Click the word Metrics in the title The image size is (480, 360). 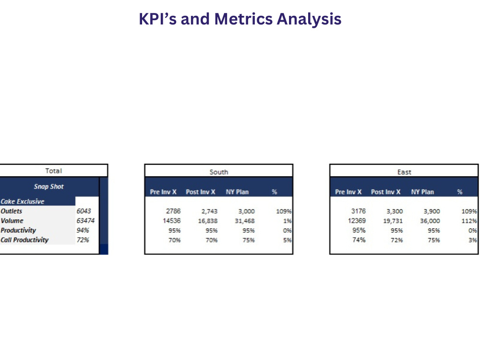click(243, 19)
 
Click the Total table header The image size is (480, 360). click(54, 171)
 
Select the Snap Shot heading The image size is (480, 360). click(48, 186)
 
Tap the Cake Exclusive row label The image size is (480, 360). click(23, 202)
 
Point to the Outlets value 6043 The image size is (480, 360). click(84, 211)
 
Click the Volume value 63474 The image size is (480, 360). click(85, 220)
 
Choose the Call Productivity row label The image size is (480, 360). click(24, 240)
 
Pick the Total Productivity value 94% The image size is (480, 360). click(83, 230)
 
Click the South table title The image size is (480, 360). click(219, 172)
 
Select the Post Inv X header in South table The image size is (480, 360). click(201, 192)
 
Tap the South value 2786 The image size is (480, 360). click(173, 211)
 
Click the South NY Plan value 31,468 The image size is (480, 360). click(245, 221)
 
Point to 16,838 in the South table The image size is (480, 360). click(207, 221)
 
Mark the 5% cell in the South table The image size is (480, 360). click(287, 240)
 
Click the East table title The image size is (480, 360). click(404, 172)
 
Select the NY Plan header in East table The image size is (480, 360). click(422, 192)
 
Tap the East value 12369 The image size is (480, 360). click(357, 220)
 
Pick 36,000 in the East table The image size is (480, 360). click(430, 221)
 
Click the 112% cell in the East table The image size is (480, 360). click(469, 221)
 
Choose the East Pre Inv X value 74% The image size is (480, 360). click(359, 240)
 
